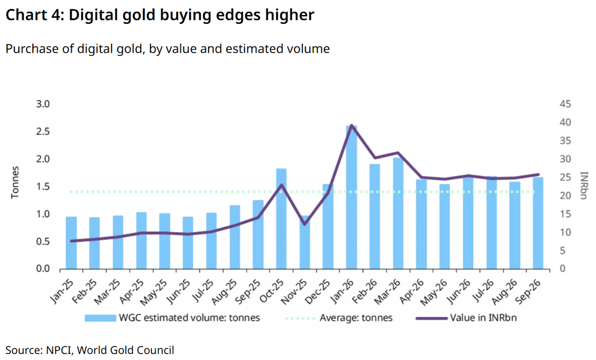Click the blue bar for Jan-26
(x=352, y=197)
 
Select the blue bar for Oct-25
(x=281, y=218)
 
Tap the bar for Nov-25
(x=304, y=242)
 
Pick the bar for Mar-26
(x=398, y=213)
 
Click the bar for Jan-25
(x=71, y=243)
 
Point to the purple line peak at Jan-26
(x=352, y=125)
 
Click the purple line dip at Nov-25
(x=304, y=224)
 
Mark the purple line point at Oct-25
(x=281, y=185)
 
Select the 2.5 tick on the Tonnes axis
(x=43, y=132)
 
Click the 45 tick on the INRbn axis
(x=565, y=104)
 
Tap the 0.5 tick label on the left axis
(x=43, y=242)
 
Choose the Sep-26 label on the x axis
(x=528, y=292)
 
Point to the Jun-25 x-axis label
(x=178, y=292)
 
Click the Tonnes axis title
(x=15, y=183)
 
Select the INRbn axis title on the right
(x=584, y=185)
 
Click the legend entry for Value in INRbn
(x=466, y=318)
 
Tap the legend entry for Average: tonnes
(x=339, y=318)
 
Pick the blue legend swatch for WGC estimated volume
(x=100, y=318)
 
